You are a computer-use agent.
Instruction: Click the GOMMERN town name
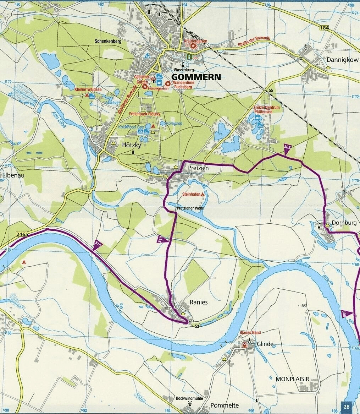[x=196, y=77]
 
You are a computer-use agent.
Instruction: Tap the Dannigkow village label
[x=343, y=60]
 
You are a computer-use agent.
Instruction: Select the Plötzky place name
[x=131, y=145]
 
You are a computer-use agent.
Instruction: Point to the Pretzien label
[x=195, y=169]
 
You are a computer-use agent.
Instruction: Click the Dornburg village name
[x=344, y=223]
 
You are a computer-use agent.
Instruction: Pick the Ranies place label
[x=199, y=302]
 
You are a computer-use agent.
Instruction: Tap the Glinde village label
[x=265, y=344]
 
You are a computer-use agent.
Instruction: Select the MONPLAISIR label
[x=292, y=379]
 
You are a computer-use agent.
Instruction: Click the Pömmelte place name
[x=225, y=405]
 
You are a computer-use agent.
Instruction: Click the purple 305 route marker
[x=288, y=147]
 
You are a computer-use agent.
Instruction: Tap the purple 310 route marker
[x=162, y=239]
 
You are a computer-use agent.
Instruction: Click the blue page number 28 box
[x=347, y=407]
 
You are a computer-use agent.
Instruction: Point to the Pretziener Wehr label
[x=190, y=208]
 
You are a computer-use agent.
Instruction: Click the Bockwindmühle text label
[x=189, y=398]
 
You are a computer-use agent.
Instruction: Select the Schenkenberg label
[x=108, y=41]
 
